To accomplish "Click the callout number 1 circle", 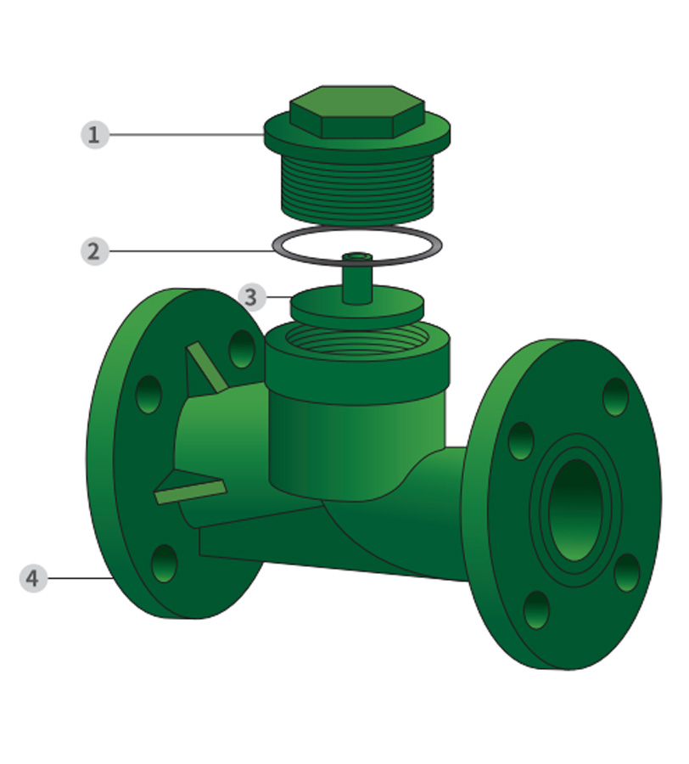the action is pos(95,134).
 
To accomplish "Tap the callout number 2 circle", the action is pos(95,251).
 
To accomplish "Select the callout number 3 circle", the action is pos(252,297).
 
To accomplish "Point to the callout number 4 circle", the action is pos(34,578).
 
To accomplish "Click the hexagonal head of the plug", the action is pos(357,111).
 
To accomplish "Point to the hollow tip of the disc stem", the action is pos(357,256).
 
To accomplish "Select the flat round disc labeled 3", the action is pos(357,307).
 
